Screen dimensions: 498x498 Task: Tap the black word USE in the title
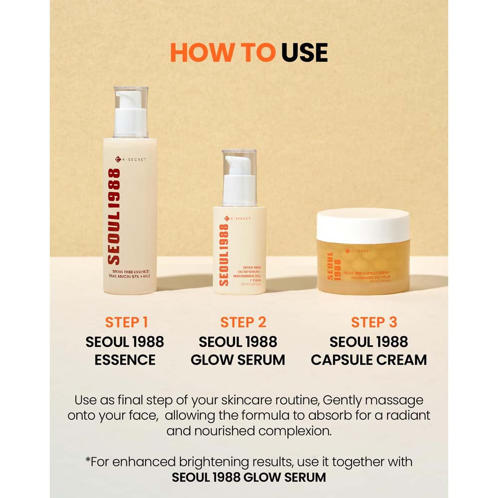click(x=304, y=52)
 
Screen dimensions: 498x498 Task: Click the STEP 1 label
click(x=126, y=322)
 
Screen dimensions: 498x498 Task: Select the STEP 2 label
click(x=244, y=322)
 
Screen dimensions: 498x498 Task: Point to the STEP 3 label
click(x=374, y=322)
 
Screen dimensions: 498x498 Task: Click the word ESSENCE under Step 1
click(x=125, y=360)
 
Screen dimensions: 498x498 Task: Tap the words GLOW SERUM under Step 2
click(x=238, y=360)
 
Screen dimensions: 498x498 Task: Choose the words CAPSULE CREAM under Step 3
click(x=369, y=360)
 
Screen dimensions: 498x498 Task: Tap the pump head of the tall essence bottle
click(x=130, y=112)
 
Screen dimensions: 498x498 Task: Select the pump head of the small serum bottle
click(x=239, y=177)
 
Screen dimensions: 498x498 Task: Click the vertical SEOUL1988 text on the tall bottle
click(x=114, y=217)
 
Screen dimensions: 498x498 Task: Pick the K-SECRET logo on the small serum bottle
click(x=238, y=218)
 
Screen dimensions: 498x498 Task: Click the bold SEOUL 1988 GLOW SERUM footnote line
click(x=249, y=477)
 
